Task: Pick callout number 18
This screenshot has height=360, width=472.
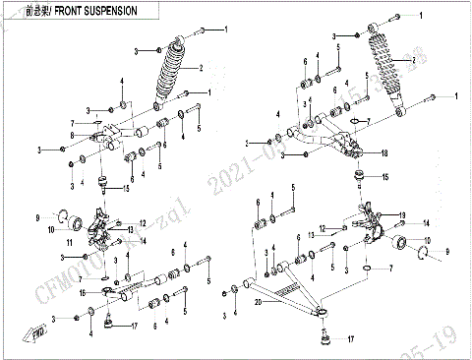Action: [384, 154]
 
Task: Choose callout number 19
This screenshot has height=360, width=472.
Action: [400, 214]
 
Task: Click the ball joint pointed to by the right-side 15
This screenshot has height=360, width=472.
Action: [359, 177]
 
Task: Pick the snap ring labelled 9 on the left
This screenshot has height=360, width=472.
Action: [63, 215]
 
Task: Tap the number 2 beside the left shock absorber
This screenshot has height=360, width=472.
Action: [200, 68]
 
